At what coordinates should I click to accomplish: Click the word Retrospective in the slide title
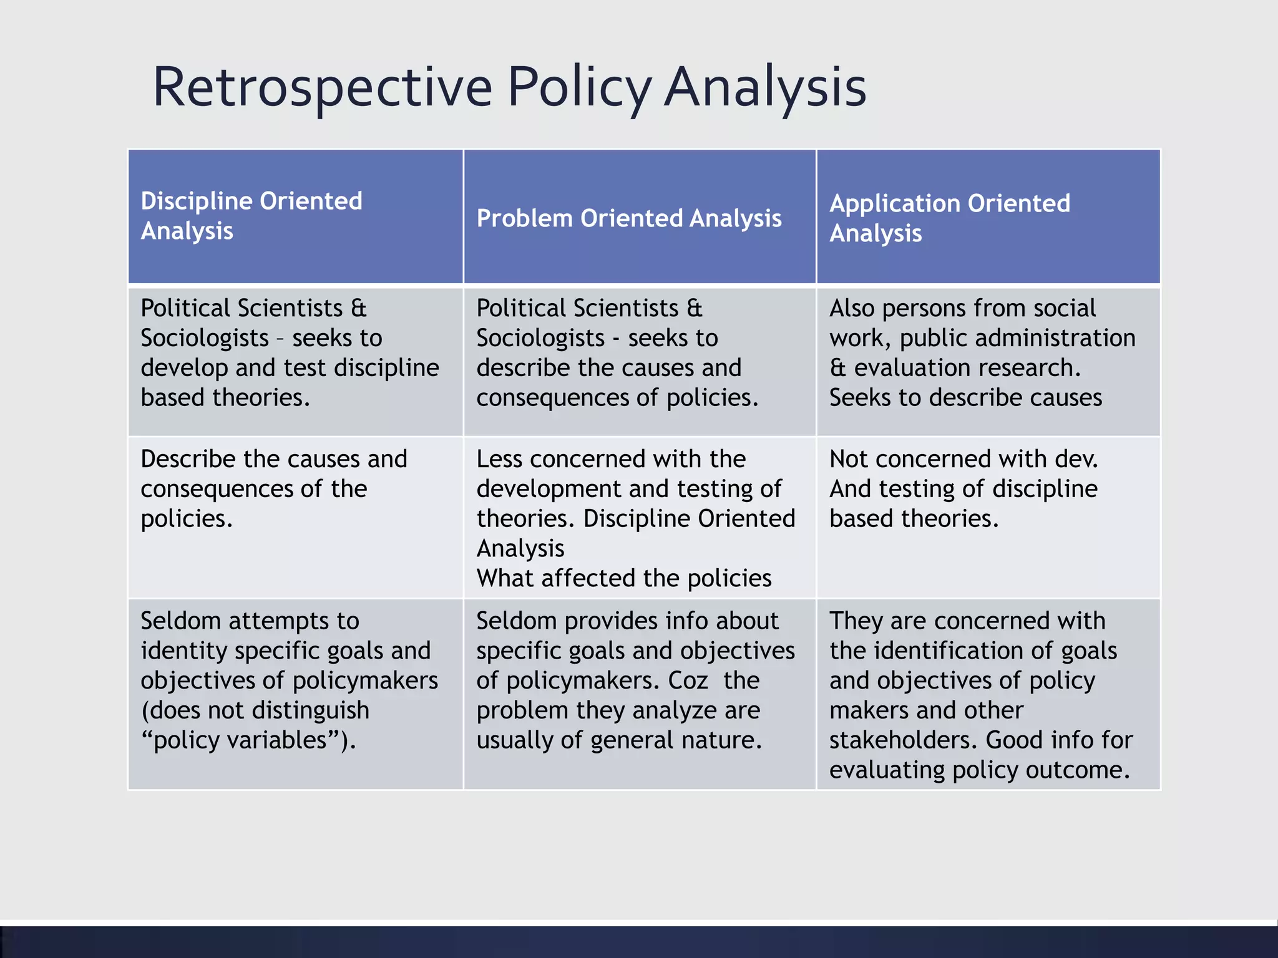click(322, 87)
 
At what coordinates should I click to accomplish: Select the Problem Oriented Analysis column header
click(629, 218)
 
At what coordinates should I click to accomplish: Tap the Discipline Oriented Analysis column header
click(251, 216)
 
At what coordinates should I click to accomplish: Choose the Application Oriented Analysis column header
click(949, 218)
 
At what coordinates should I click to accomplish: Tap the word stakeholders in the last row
click(903, 740)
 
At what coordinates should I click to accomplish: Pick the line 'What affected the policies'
click(624, 578)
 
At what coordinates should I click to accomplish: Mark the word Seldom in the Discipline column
click(180, 621)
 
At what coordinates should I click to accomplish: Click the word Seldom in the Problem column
click(516, 621)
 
